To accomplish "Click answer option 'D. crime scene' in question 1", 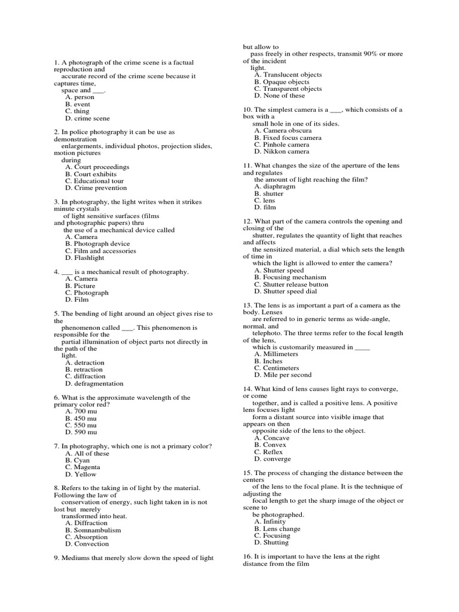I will pyautogui.click(x=87, y=118).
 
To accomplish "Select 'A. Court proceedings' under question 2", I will pyautogui.click(x=97, y=167).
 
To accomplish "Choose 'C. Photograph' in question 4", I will pyautogui.click(x=87, y=293).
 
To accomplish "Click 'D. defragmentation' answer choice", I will pyautogui.click(x=94, y=384).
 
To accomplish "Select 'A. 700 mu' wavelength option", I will pyautogui.click(x=81, y=411).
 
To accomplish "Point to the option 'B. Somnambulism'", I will pyautogui.click(x=93, y=530).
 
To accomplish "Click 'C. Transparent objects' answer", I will pyautogui.click(x=287, y=89).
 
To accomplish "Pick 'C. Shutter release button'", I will pyautogui.click(x=291, y=284).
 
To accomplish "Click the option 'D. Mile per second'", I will pyautogui.click(x=283, y=375).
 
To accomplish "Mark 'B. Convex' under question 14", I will pyautogui.click(x=270, y=445).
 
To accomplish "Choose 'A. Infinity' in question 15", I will pyautogui.click(x=270, y=522).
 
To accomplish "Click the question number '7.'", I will pyautogui.click(x=57, y=446).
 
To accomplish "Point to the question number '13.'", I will pyautogui.click(x=247, y=305).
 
